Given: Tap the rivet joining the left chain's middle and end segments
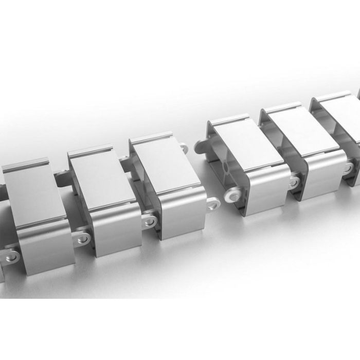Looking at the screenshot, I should pyautogui.click(x=150, y=221).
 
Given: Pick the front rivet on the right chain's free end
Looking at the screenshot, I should pyautogui.click(x=232, y=195).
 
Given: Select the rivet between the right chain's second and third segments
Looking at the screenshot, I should pyautogui.click(x=348, y=168).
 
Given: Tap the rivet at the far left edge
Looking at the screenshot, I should pyautogui.click(x=10, y=256).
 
